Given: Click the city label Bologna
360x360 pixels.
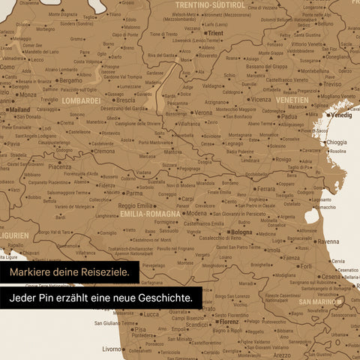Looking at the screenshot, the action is (x=242, y=232).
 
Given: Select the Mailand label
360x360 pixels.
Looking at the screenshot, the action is (x=19, y=109).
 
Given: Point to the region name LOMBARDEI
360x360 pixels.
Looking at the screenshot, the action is (x=81, y=100).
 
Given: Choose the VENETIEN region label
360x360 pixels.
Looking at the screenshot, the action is (x=291, y=100).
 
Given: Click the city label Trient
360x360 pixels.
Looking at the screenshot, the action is (x=215, y=34).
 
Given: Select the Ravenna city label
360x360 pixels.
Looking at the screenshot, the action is (x=328, y=242).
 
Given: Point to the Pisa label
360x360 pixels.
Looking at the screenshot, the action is (x=139, y=329).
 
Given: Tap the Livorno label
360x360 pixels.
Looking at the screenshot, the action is (x=113, y=349).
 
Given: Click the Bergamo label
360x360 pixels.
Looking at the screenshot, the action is (x=71, y=79).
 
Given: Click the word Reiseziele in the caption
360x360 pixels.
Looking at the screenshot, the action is (x=103, y=271).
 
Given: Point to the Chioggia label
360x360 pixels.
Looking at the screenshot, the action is (x=337, y=142).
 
